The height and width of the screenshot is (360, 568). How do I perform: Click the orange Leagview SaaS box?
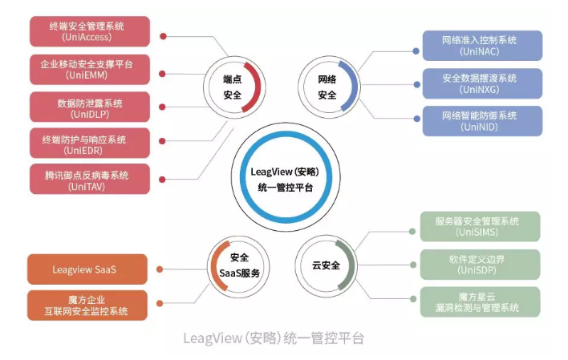tap(88, 269)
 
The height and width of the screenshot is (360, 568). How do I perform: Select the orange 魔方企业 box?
tap(88, 305)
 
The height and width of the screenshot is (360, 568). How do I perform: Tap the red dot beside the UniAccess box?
tap(163, 36)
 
